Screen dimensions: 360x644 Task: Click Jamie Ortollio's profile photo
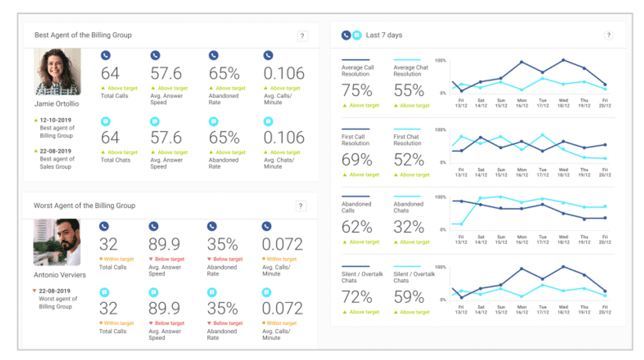pos(58,72)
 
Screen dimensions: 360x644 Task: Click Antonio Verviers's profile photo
pos(57,242)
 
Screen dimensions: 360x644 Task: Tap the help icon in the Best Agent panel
pos(303,36)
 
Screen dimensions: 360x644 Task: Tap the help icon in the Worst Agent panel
pos(302,206)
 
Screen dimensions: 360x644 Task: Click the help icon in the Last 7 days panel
pos(608,36)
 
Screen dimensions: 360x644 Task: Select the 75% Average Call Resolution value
pos(357,91)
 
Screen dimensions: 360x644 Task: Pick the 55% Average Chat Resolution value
pos(409,91)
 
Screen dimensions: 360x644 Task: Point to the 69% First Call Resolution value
pos(357,160)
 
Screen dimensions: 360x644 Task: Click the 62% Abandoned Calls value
pos(357,227)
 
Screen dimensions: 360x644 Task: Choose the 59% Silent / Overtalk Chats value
pos(409,297)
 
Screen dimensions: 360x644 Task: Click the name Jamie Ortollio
pos(57,104)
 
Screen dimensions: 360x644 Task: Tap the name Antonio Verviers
pos(60,275)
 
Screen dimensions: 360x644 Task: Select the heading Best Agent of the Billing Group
pos(83,35)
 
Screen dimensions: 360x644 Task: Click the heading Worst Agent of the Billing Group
pos(85,205)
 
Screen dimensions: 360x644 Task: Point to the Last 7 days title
pos(384,35)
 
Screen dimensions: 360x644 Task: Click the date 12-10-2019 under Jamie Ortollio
pos(57,120)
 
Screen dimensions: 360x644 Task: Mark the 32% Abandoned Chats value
pos(409,227)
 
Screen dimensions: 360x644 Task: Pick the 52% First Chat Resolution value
pos(409,160)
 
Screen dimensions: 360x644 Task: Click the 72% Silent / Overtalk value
pos(357,297)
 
